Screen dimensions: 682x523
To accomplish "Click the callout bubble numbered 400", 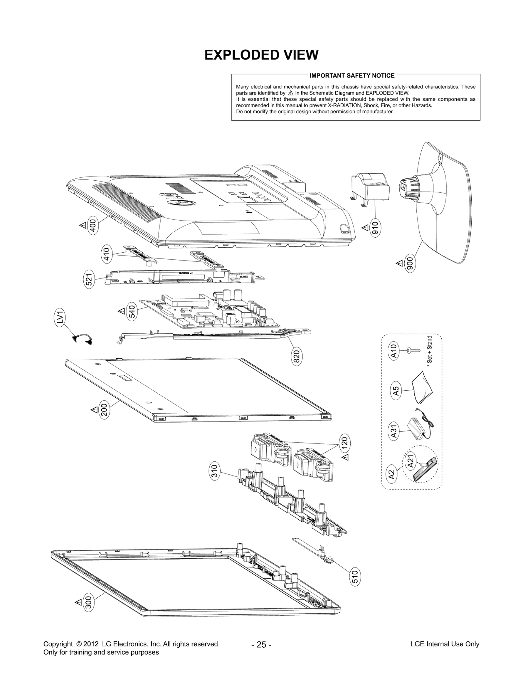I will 93,225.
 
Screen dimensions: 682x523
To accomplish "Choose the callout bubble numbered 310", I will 214,472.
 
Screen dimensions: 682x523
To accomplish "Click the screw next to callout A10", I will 413,351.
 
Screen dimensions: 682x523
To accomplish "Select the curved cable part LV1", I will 83,339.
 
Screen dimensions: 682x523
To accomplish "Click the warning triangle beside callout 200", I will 94,410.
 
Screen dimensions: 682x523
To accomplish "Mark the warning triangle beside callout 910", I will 365,227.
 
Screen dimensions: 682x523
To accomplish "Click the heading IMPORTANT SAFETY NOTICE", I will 352,76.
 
